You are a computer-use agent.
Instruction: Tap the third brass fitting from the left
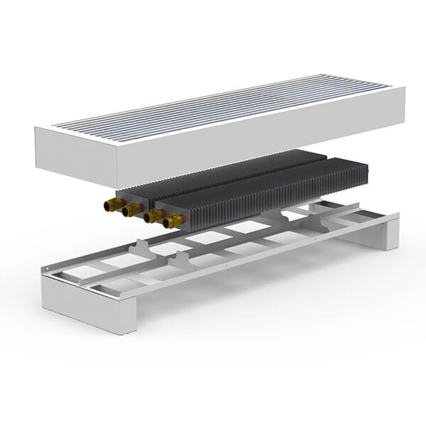click(152, 217)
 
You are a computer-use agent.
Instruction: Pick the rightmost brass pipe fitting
click(172, 222)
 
